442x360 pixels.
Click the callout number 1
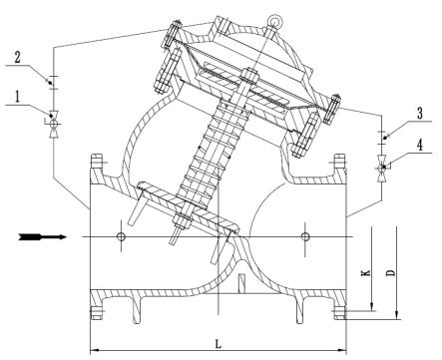point(17,97)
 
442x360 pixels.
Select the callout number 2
point(17,57)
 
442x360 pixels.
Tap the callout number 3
point(420,114)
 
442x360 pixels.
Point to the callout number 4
point(420,145)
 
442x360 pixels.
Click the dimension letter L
point(218,344)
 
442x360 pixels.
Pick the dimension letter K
point(365,273)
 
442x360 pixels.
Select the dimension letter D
point(391,272)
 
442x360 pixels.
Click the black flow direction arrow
point(43,237)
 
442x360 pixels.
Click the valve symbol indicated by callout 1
point(53,124)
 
